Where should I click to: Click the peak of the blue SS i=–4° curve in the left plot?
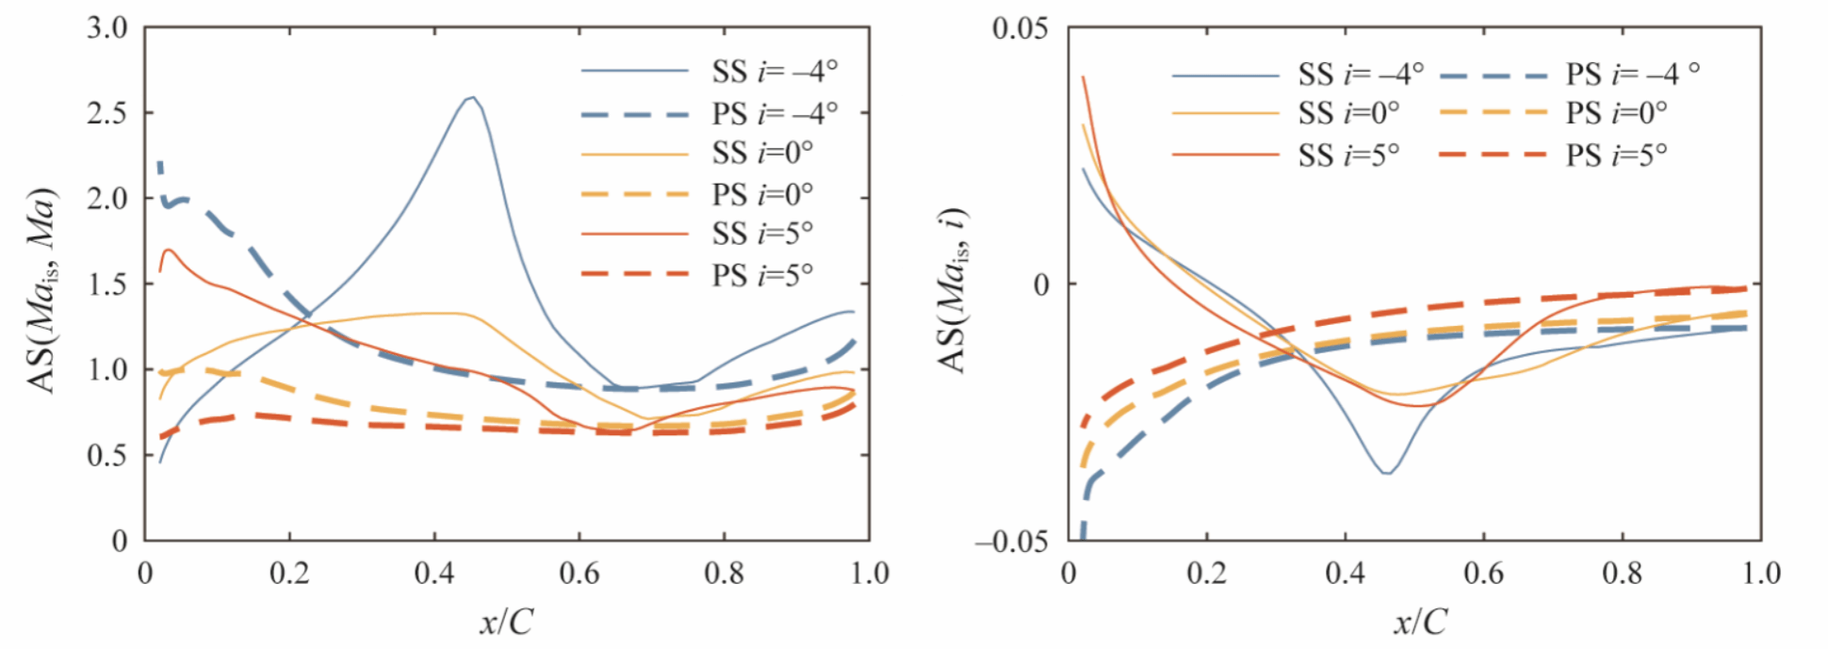471,97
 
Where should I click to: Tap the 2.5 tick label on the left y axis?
107,113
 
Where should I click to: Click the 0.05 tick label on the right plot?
1020,28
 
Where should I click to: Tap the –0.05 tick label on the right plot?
1012,542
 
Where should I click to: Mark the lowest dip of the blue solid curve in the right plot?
1387,473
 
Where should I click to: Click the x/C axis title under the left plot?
506,622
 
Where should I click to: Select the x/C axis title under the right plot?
1420,622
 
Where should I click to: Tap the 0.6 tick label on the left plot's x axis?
579,574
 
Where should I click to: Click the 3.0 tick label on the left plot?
107,28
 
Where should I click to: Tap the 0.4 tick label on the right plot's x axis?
1346,574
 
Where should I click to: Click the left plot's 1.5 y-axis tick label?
107,284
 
